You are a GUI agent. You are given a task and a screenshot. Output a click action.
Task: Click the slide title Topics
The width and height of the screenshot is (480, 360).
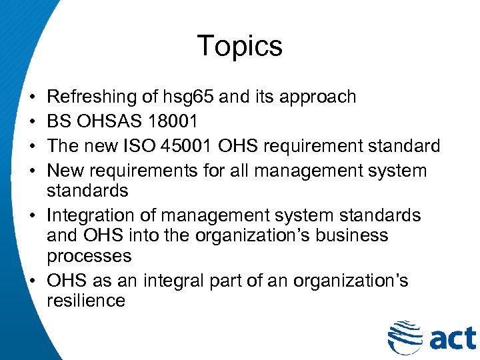(x=239, y=46)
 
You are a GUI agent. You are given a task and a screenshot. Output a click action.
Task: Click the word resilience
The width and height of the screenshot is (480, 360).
(x=86, y=301)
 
